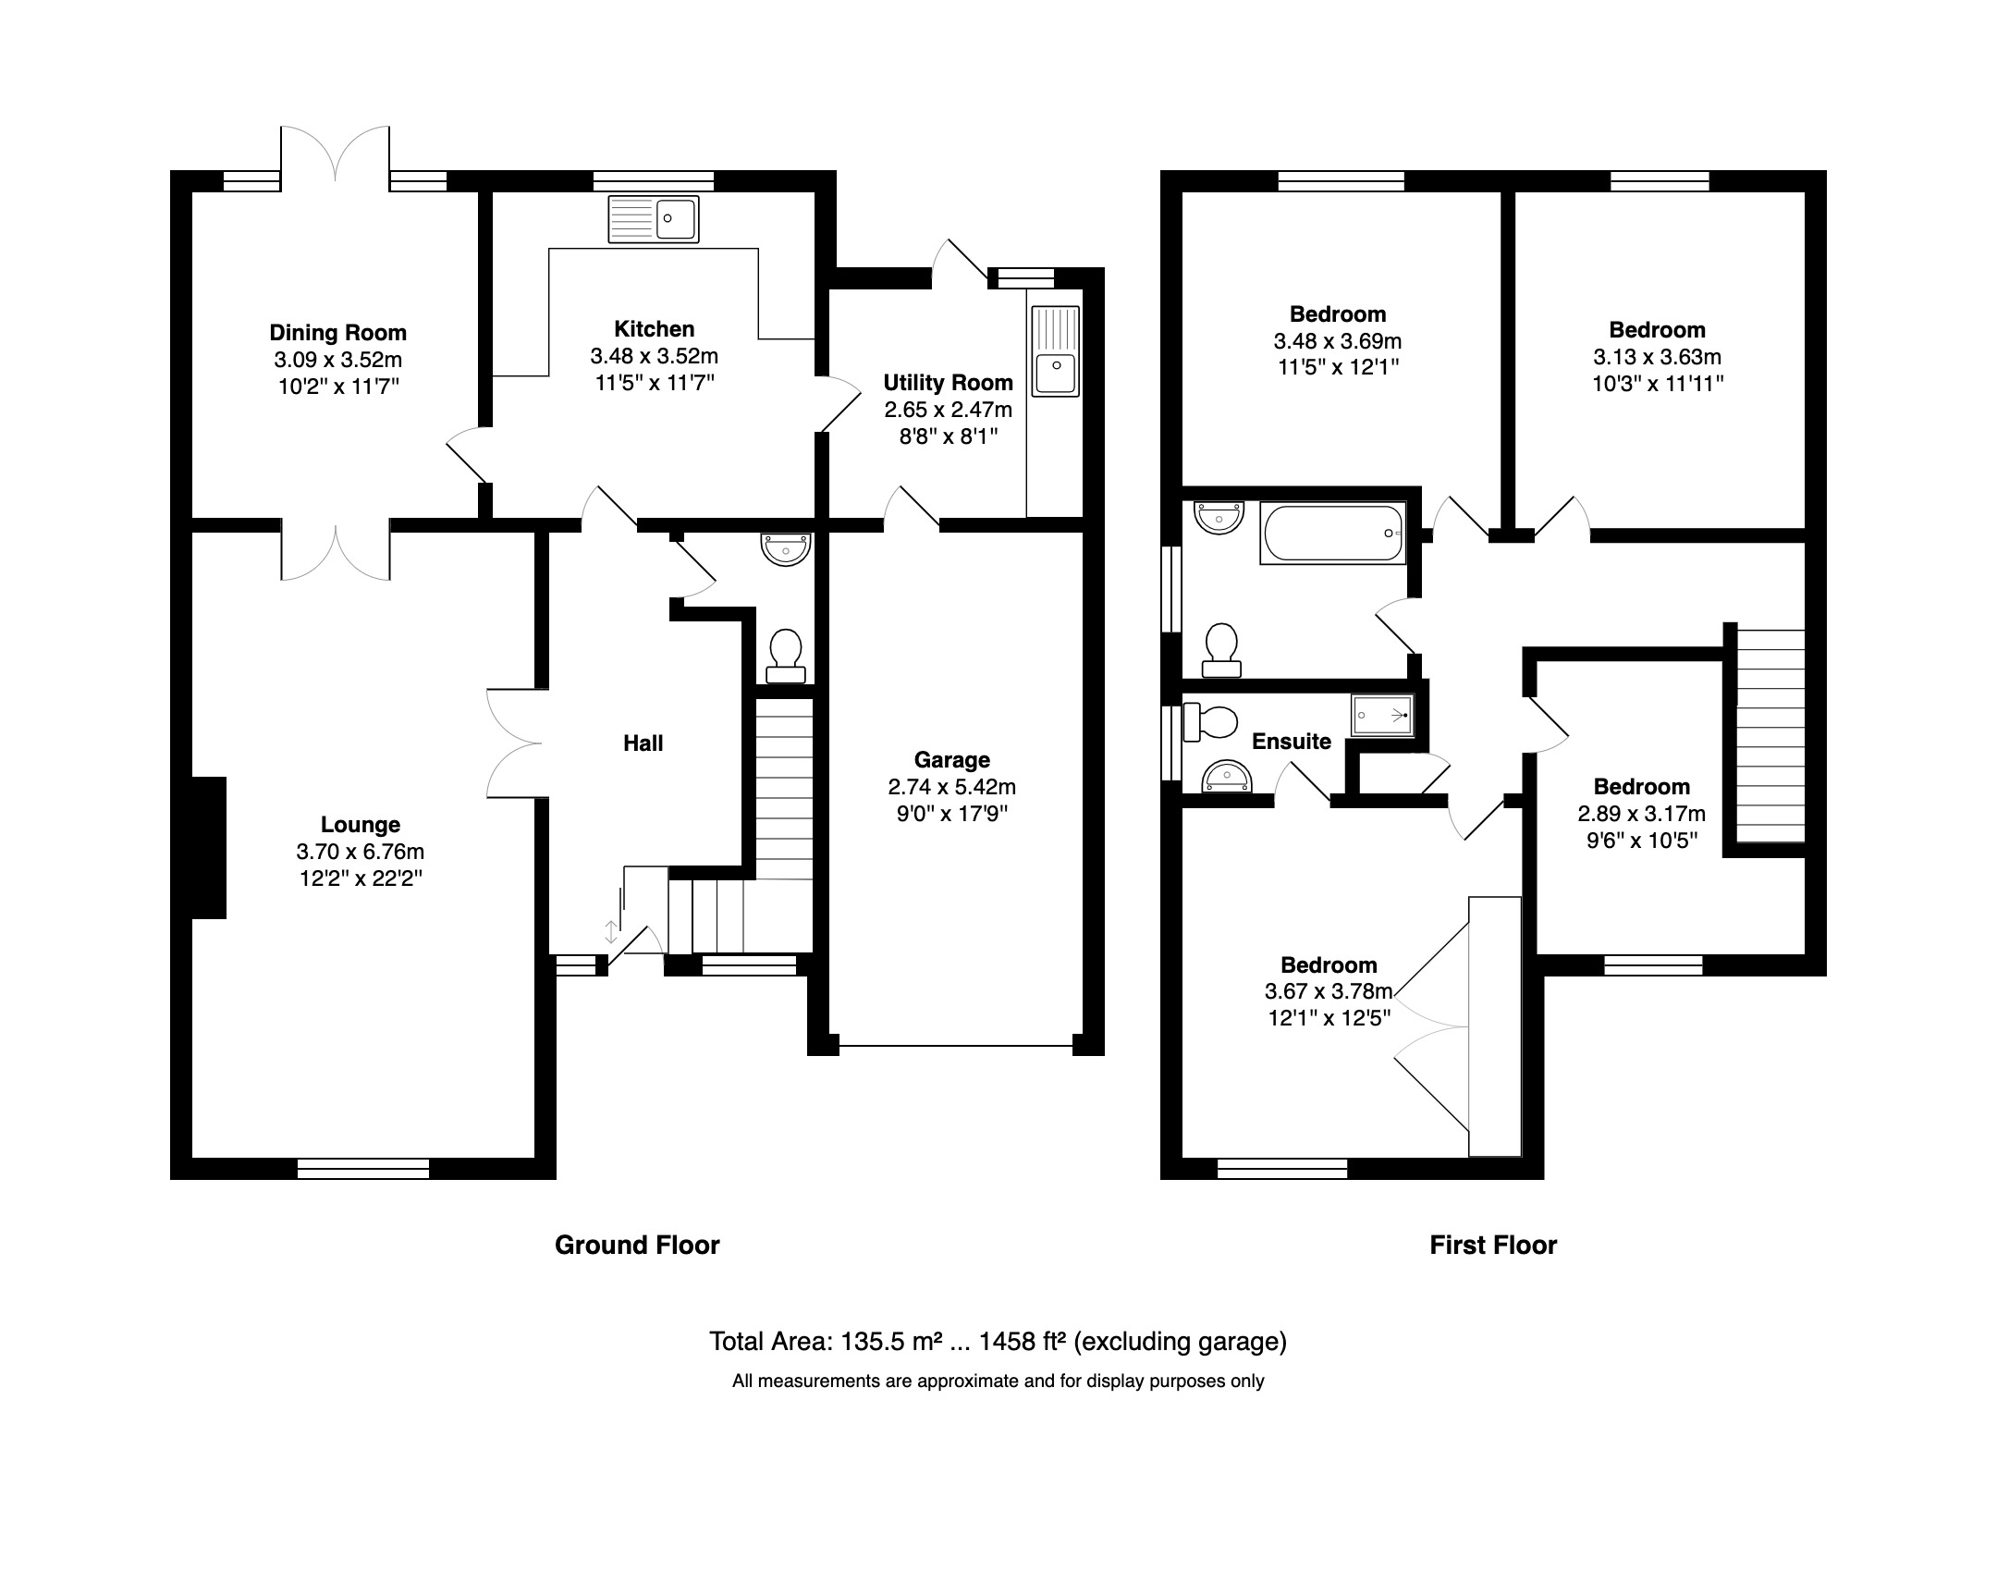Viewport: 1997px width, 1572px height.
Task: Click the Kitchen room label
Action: pos(654,329)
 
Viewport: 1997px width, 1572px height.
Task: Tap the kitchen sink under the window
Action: pos(653,219)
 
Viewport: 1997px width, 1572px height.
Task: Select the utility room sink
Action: pos(1054,351)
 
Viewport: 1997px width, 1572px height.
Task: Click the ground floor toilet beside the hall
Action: pos(785,655)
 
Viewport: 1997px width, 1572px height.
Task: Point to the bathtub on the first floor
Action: pos(1332,534)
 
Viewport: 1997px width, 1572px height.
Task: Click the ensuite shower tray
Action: pos(1382,715)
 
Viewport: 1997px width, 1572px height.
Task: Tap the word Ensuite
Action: pos(1291,741)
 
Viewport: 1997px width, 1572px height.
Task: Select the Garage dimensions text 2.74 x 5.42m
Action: pos(951,787)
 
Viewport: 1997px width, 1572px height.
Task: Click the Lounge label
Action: pos(360,824)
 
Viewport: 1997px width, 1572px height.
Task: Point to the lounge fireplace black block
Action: pos(209,847)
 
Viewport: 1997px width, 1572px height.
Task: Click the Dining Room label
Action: pos(337,333)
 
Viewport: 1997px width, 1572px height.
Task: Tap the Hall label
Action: pos(643,743)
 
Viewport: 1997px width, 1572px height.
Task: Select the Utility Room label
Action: pos(948,383)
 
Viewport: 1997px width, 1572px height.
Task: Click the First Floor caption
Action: pos(1492,1245)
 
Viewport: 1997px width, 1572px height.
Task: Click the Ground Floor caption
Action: pos(637,1245)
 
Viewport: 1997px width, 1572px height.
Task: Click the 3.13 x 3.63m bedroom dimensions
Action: pos(1657,357)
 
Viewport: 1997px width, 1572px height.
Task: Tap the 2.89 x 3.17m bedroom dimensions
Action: pos(1641,814)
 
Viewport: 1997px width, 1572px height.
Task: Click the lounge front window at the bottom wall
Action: pos(363,1169)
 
